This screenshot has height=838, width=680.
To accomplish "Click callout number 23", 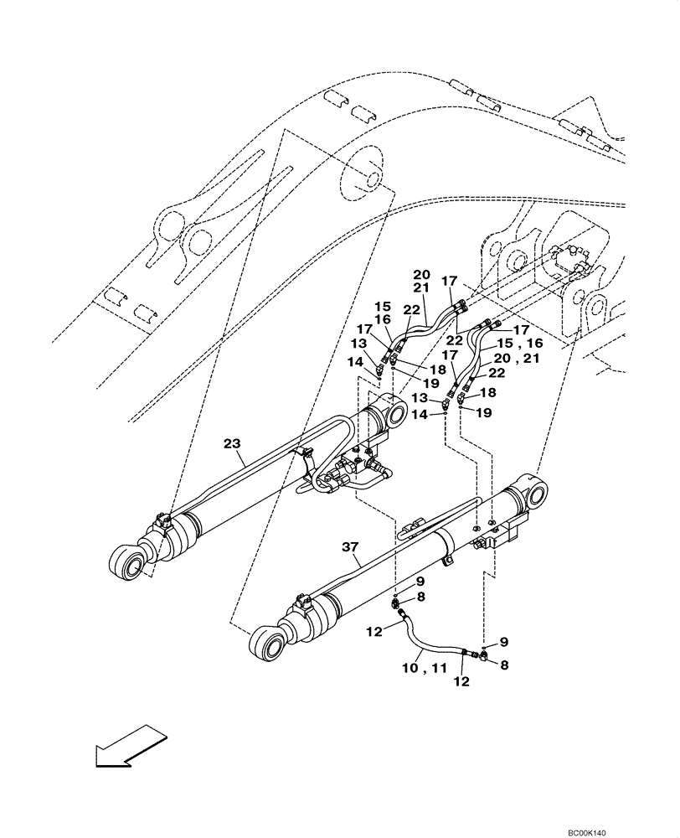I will (233, 445).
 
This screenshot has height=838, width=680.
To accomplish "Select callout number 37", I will (351, 547).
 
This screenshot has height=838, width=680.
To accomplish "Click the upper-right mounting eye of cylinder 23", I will (391, 413).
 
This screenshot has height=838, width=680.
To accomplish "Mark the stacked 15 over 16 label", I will (383, 313).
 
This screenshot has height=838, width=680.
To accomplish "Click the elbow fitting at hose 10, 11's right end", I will (483, 658).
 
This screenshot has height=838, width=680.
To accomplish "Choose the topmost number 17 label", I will (450, 281).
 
